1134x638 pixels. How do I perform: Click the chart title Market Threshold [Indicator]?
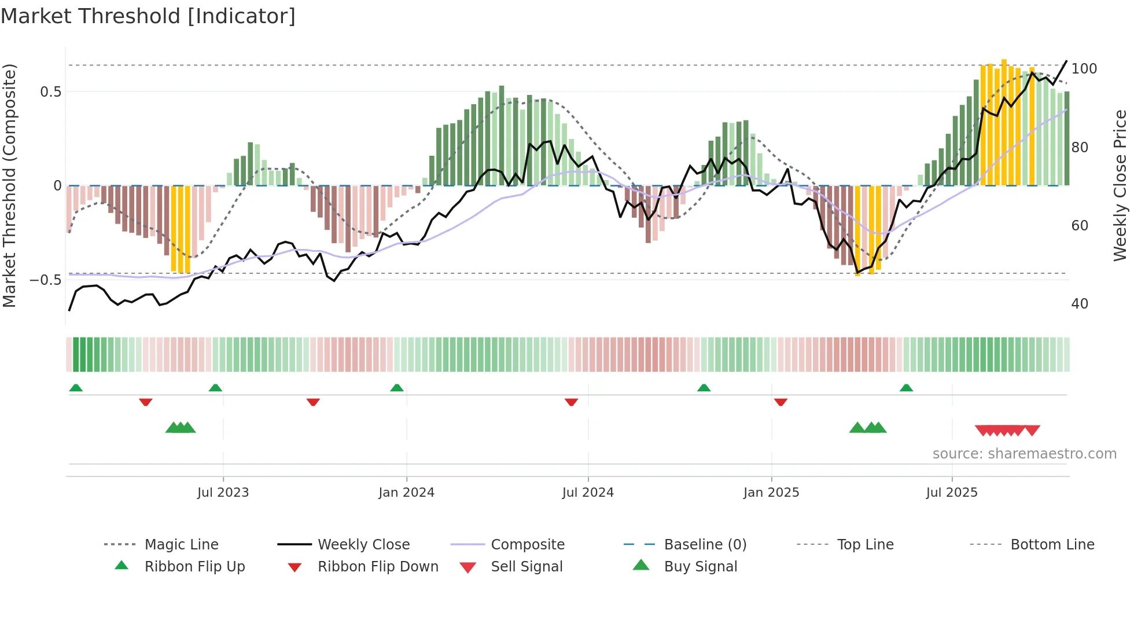[148, 16]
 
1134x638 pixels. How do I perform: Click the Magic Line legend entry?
[181, 544]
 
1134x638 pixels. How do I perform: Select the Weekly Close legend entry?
[363, 544]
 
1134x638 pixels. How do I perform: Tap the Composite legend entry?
[527, 544]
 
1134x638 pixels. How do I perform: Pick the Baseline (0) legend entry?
[705, 544]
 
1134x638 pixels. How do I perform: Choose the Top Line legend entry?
[865, 544]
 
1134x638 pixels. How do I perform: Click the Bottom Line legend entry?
[1052, 544]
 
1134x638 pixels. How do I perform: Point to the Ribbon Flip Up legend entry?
[194, 566]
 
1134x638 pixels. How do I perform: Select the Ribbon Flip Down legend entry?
[377, 566]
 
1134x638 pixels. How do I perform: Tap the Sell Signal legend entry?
[526, 566]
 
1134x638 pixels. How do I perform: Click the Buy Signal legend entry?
[700, 566]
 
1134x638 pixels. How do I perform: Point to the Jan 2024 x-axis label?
[406, 492]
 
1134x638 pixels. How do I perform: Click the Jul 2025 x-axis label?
[952, 492]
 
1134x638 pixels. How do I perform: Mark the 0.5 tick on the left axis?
[50, 91]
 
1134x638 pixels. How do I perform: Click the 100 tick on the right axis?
[1084, 68]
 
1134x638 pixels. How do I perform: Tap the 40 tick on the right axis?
[1080, 303]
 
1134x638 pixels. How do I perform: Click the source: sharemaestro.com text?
[1024, 453]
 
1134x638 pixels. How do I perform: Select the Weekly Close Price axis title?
[1120, 185]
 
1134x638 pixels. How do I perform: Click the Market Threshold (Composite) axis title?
[9, 185]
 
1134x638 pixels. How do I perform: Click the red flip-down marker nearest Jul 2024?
[571, 402]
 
